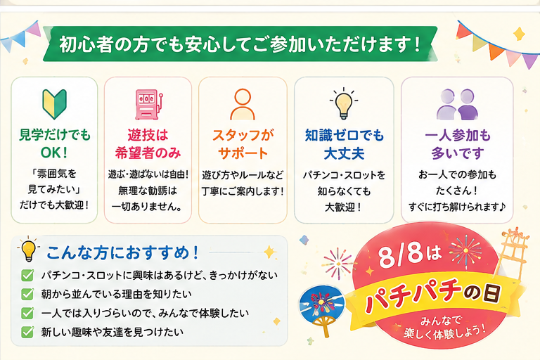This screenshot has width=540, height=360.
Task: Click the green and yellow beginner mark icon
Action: pyautogui.click(x=54, y=103)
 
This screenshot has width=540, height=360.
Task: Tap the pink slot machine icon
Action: pyautogui.click(x=148, y=104)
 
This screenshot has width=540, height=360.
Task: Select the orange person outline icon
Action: pyautogui.click(x=243, y=104)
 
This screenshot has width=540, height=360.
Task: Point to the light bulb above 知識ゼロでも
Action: pyautogui.click(x=344, y=103)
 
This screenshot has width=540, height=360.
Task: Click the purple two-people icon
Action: pyautogui.click(x=457, y=104)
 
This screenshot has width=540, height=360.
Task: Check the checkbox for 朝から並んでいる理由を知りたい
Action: pyautogui.click(x=27, y=294)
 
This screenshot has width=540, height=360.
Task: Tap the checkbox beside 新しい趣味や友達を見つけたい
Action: pyautogui.click(x=27, y=332)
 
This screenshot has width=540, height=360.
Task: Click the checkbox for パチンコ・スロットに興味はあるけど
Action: pyautogui.click(x=27, y=275)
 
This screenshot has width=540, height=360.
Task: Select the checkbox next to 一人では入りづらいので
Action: pyautogui.click(x=27, y=313)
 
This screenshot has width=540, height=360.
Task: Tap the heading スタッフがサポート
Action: pyautogui.click(x=243, y=144)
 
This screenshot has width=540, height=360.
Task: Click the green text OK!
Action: pyautogui.click(x=54, y=153)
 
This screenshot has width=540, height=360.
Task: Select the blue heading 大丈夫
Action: pyautogui.click(x=344, y=153)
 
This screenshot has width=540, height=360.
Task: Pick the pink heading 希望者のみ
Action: pyautogui.click(x=148, y=153)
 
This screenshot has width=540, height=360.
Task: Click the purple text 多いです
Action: pyautogui.click(x=458, y=153)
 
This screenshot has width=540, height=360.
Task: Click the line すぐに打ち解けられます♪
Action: pyautogui.click(x=457, y=207)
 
